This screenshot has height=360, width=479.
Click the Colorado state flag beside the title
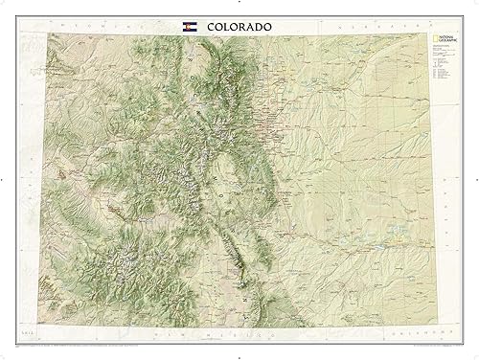[188, 25]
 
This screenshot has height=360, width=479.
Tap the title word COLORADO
[240, 25]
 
